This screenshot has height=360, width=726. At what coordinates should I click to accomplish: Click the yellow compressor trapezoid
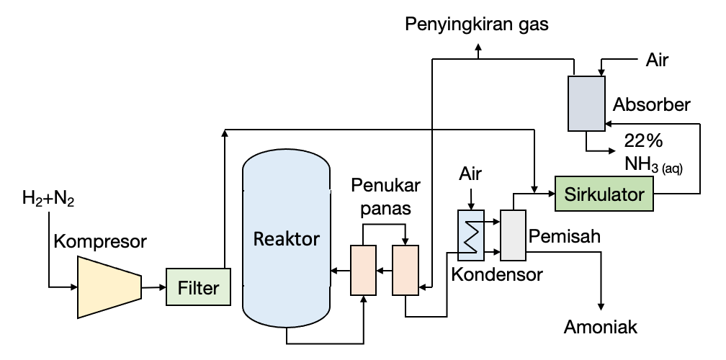click(x=109, y=287)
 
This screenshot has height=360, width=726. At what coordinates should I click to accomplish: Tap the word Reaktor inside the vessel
click(x=286, y=239)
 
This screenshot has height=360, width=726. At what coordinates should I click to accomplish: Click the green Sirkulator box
click(x=604, y=194)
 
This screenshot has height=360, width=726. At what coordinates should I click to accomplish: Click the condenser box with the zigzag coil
click(x=471, y=235)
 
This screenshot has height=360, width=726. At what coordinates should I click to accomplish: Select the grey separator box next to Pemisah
click(x=514, y=235)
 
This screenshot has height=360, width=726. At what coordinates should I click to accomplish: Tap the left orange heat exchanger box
click(x=364, y=270)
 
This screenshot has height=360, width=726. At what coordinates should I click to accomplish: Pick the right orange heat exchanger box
click(x=405, y=270)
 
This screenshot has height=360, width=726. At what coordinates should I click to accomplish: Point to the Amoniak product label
click(x=601, y=328)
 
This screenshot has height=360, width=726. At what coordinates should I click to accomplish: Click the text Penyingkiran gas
click(x=477, y=25)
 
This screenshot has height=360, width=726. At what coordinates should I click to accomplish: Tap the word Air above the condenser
click(x=470, y=174)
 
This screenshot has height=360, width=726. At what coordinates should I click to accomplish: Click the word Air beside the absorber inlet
click(x=656, y=60)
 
